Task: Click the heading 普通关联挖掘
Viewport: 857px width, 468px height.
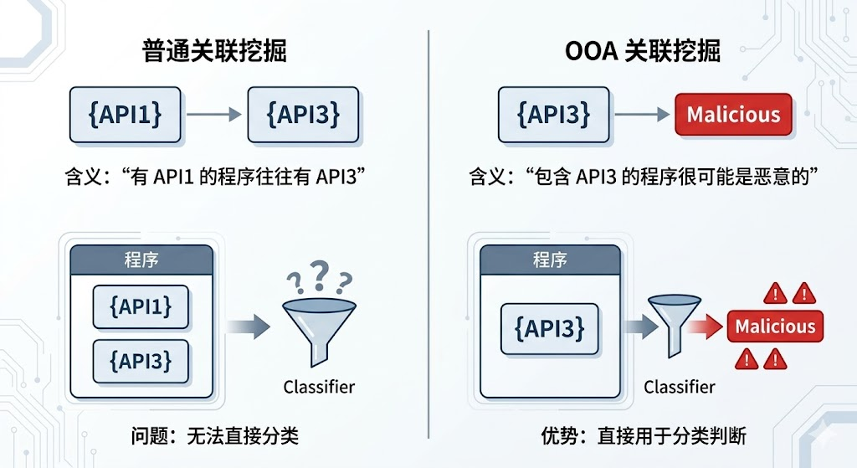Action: click(214, 51)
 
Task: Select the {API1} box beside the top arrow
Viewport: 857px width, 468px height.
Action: click(125, 114)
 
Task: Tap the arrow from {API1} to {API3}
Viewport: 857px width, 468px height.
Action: click(213, 115)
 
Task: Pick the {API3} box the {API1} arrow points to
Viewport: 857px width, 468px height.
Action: click(305, 114)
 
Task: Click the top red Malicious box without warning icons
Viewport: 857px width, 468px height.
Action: click(733, 115)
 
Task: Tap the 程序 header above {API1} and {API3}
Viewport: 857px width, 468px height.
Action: click(141, 260)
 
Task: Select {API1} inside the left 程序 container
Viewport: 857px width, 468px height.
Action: click(141, 306)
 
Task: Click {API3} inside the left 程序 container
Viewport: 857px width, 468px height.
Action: click(141, 360)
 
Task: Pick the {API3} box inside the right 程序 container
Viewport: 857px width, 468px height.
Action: click(550, 328)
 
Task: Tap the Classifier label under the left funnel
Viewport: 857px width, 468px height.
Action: click(319, 387)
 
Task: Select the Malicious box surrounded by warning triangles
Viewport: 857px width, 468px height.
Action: click(774, 326)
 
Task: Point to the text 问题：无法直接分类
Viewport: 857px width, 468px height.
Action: click(214, 436)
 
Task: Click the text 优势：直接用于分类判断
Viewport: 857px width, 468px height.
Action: click(643, 436)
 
